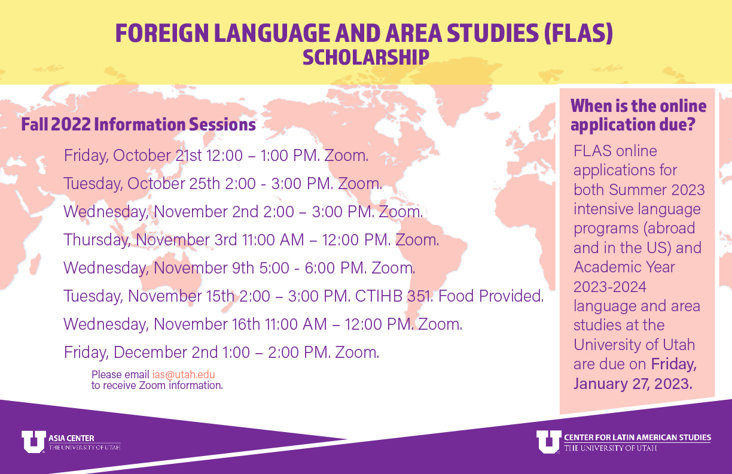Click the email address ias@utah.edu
[184, 374]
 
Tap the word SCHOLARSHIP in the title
[365, 57]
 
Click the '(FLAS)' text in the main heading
[578, 33]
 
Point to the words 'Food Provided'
[490, 296]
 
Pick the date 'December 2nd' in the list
[166, 353]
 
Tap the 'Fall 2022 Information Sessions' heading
[138, 124]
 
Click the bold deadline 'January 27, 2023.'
[633, 384]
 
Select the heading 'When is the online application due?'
[638, 115]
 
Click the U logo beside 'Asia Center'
[33, 442]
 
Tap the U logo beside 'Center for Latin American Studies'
[548, 442]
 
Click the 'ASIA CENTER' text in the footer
[71, 438]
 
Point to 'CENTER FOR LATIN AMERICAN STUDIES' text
[638, 437]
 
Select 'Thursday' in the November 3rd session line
[97, 240]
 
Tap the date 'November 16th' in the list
[207, 324]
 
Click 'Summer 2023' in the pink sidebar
[657, 190]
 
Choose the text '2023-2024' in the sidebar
[610, 287]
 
